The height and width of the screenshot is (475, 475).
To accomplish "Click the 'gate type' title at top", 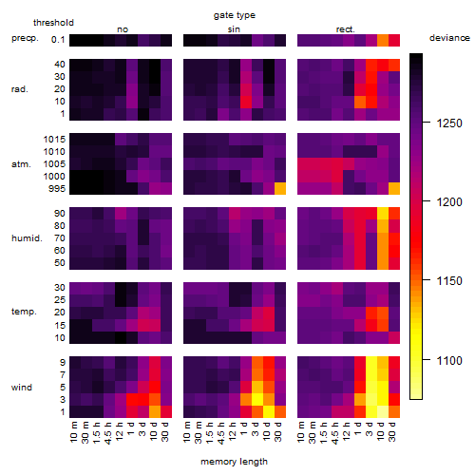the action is pos(235,15).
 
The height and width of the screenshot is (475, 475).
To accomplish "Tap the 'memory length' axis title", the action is pos(234,462).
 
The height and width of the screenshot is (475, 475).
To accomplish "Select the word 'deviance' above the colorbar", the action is pos(449,38).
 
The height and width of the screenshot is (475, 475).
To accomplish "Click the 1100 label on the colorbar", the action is pos(449,360).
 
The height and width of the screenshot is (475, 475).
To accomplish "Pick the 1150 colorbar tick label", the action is pos(449,281).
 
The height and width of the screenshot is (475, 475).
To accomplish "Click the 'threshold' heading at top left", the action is pos(53,23).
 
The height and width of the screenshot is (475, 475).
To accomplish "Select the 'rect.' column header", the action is pos(346,29).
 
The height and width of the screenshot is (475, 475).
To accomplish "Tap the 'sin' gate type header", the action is pos(234,29).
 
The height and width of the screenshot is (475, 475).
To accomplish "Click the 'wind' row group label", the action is pos(22,388).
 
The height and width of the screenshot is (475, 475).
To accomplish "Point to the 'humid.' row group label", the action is pos(27,238).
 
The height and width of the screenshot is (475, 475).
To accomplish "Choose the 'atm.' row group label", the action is pos(21,164).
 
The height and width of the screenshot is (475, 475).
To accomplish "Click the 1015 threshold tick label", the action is pos(54,140).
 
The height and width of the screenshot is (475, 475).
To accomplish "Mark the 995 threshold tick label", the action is pos(57,189).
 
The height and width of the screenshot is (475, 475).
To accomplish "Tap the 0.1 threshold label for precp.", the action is pos(58,40).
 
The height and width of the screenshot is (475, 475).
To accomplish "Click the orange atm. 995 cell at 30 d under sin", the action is pos(280,189).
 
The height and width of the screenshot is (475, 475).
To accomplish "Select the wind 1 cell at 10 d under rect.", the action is pos(383,411).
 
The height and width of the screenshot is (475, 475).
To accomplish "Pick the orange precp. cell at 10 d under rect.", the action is pos(383,40).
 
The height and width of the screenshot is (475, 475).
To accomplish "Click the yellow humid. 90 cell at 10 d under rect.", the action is pos(383,214).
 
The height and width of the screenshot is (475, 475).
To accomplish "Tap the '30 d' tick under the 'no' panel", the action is pos(166,431).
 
